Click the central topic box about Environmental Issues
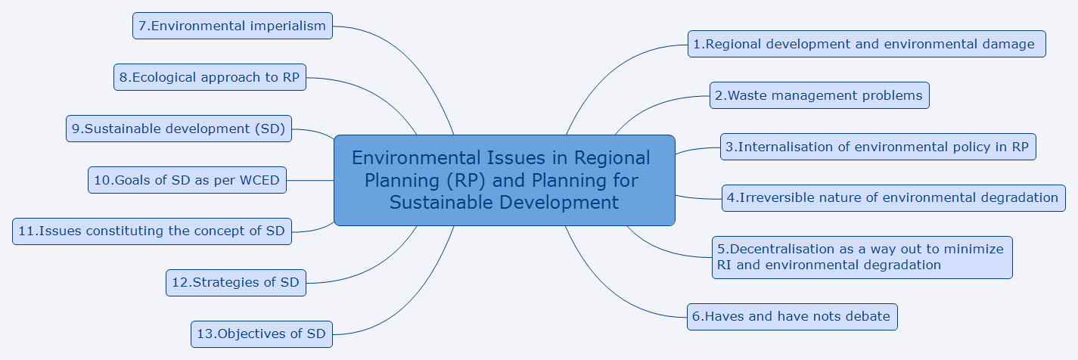click(505, 181)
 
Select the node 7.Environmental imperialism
click(232, 26)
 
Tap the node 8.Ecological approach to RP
click(210, 77)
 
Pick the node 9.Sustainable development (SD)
click(179, 129)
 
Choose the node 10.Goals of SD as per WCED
click(187, 180)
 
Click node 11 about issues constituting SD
click(152, 231)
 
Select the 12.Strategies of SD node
click(236, 283)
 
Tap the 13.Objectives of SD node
click(262, 334)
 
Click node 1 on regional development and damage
click(867, 45)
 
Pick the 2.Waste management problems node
click(819, 95)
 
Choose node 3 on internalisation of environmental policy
click(878, 147)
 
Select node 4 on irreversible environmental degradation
click(893, 198)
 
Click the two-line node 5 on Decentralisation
click(862, 257)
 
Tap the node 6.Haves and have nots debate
click(792, 317)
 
